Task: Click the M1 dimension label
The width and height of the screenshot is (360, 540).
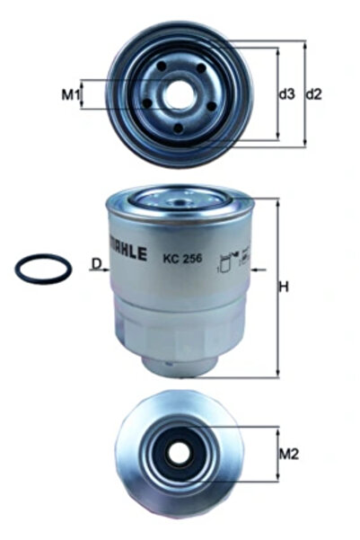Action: [70, 93]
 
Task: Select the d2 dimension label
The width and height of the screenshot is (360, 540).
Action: [314, 93]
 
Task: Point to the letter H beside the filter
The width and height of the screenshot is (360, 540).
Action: [284, 288]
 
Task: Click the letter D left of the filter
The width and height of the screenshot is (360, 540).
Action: [94, 263]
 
